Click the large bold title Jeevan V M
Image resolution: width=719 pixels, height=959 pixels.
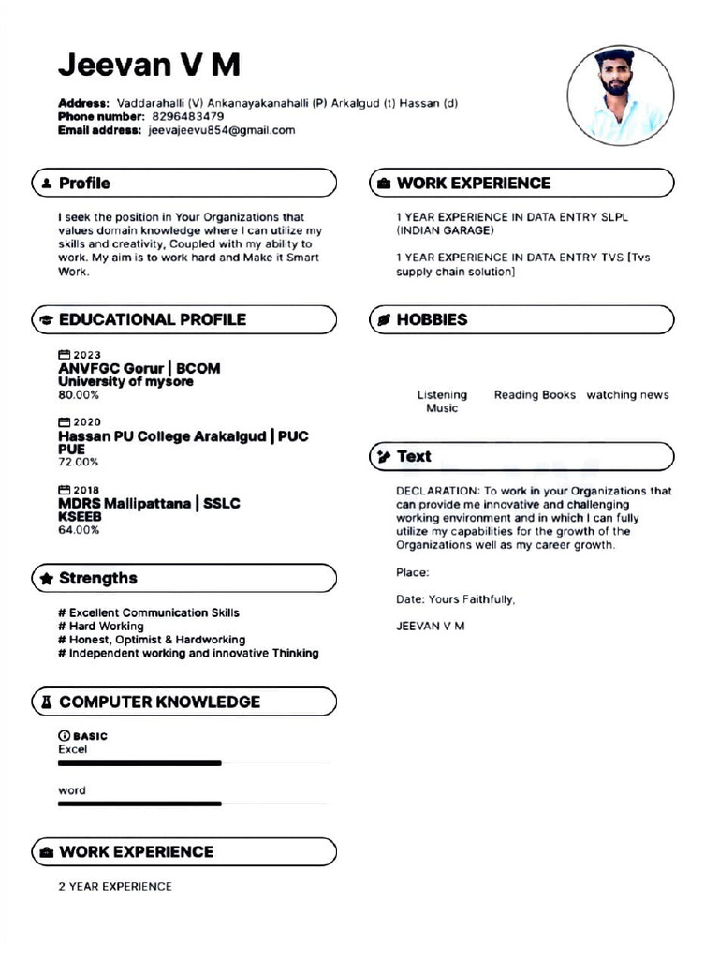click(149, 65)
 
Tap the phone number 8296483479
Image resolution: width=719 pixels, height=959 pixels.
click(187, 116)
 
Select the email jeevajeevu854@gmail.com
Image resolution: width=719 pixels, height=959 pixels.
click(222, 130)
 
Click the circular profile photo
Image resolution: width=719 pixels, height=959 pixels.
click(620, 96)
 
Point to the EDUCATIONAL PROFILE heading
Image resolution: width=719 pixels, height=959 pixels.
click(152, 319)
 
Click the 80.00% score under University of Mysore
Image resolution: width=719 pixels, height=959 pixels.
click(79, 395)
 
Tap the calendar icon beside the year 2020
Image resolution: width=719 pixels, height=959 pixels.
click(65, 422)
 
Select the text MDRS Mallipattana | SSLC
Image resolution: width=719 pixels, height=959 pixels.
click(149, 504)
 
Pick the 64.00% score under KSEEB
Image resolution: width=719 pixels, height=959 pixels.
click(79, 530)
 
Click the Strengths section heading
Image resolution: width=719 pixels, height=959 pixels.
click(97, 578)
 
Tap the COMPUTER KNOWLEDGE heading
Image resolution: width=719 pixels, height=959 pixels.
click(159, 701)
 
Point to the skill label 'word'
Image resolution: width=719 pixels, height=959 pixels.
click(72, 790)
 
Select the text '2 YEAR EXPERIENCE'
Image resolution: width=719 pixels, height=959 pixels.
click(115, 886)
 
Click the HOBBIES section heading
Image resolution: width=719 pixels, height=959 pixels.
click(432, 319)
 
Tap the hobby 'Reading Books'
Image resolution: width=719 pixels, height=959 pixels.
click(535, 395)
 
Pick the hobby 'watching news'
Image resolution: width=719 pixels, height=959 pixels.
click(627, 395)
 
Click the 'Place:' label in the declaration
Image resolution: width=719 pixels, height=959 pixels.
click(413, 572)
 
